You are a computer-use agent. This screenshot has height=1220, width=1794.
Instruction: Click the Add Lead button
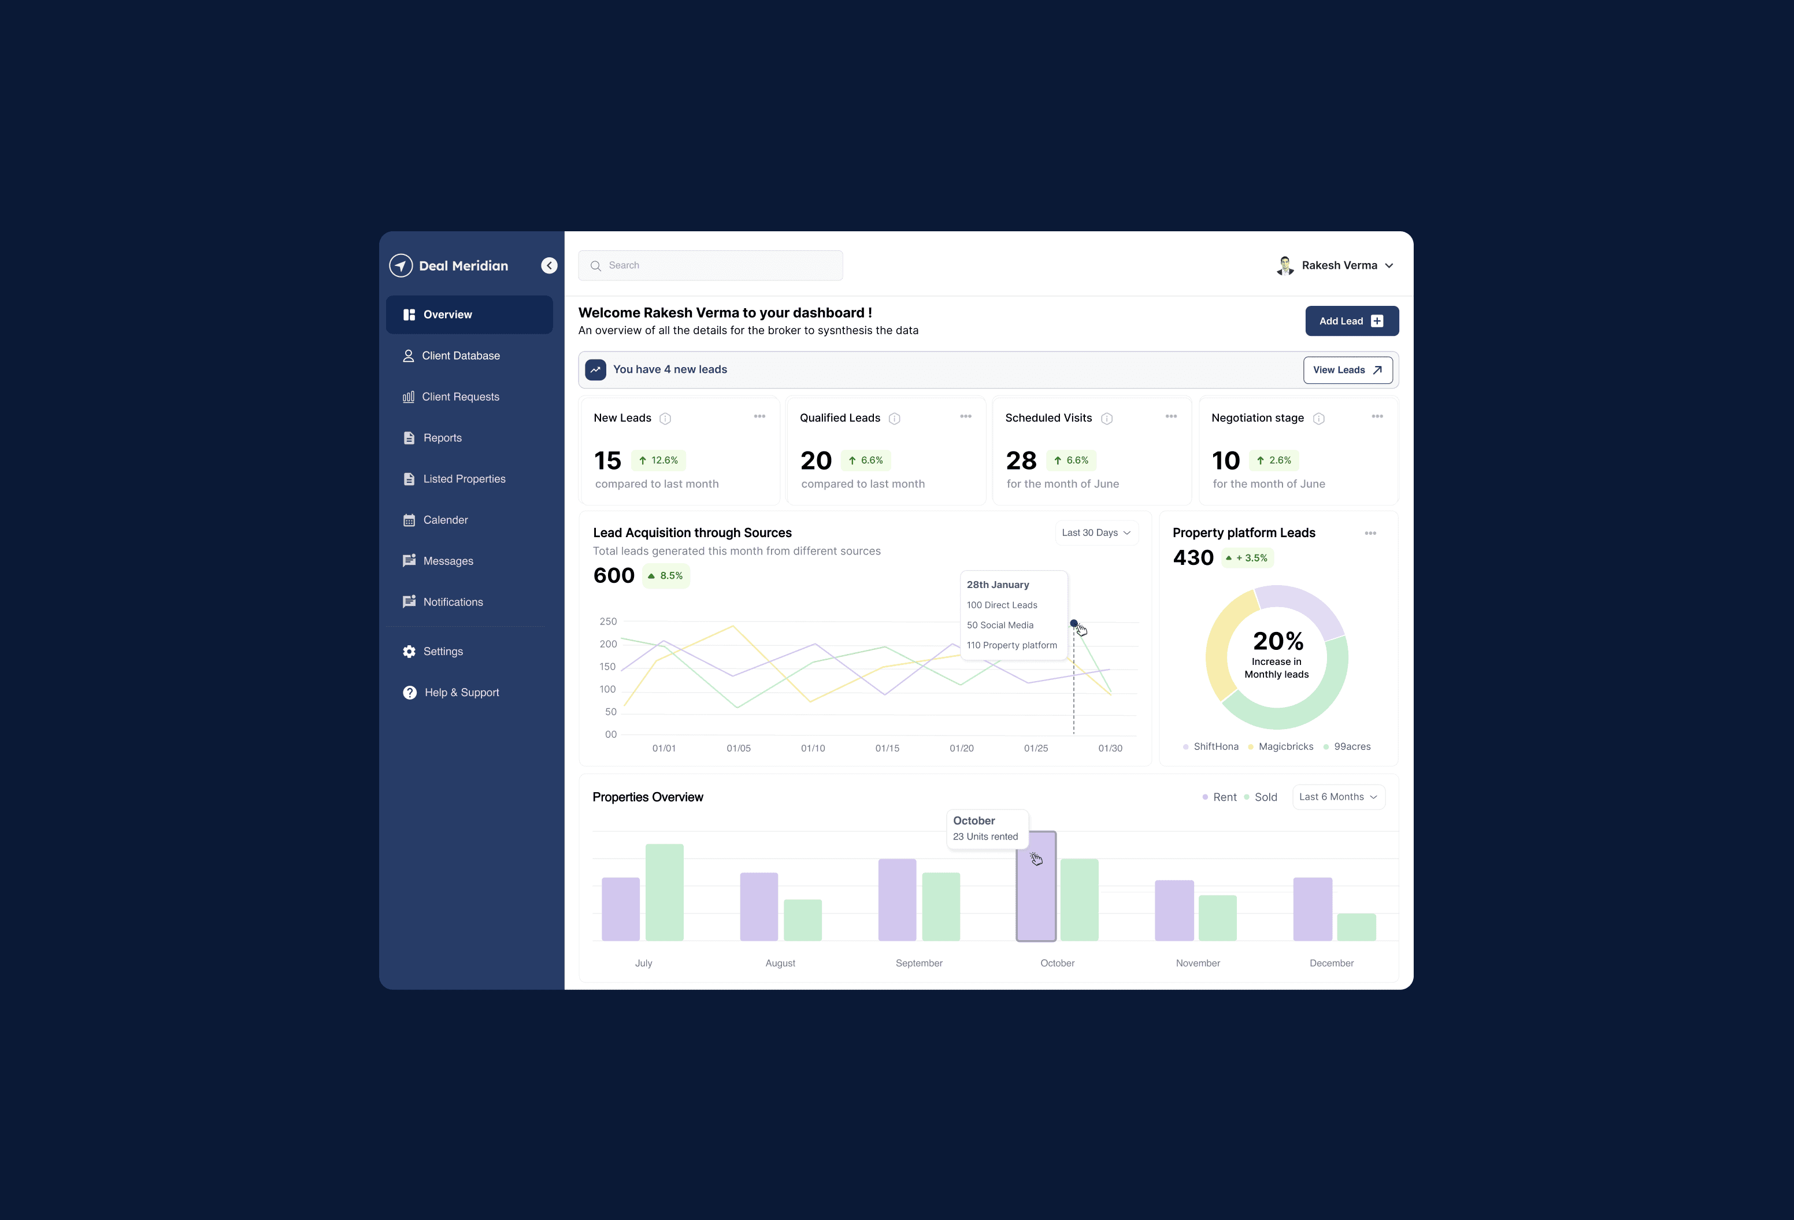click(1351, 321)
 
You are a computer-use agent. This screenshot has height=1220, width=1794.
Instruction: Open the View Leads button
click(1347, 370)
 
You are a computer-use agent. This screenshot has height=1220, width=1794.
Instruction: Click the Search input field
click(710, 265)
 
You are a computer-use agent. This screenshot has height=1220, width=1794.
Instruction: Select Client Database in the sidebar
click(460, 356)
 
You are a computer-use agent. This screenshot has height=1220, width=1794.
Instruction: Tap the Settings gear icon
click(409, 652)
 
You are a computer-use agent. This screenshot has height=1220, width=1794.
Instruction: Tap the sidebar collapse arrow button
click(549, 265)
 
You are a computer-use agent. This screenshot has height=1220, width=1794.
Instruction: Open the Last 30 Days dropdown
click(1095, 533)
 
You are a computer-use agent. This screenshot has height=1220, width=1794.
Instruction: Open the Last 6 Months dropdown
click(1338, 797)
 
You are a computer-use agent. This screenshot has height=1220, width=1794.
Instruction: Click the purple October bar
click(1036, 886)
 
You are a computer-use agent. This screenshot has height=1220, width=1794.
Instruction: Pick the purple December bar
click(1313, 909)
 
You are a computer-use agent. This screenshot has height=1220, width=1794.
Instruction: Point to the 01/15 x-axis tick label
click(887, 748)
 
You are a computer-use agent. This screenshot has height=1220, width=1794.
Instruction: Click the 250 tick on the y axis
click(608, 622)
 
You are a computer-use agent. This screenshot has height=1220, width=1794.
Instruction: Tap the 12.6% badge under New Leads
click(658, 460)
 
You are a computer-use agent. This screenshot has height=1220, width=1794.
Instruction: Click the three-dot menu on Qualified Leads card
click(965, 417)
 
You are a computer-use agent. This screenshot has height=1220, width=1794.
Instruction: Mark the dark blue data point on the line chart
click(1073, 623)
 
